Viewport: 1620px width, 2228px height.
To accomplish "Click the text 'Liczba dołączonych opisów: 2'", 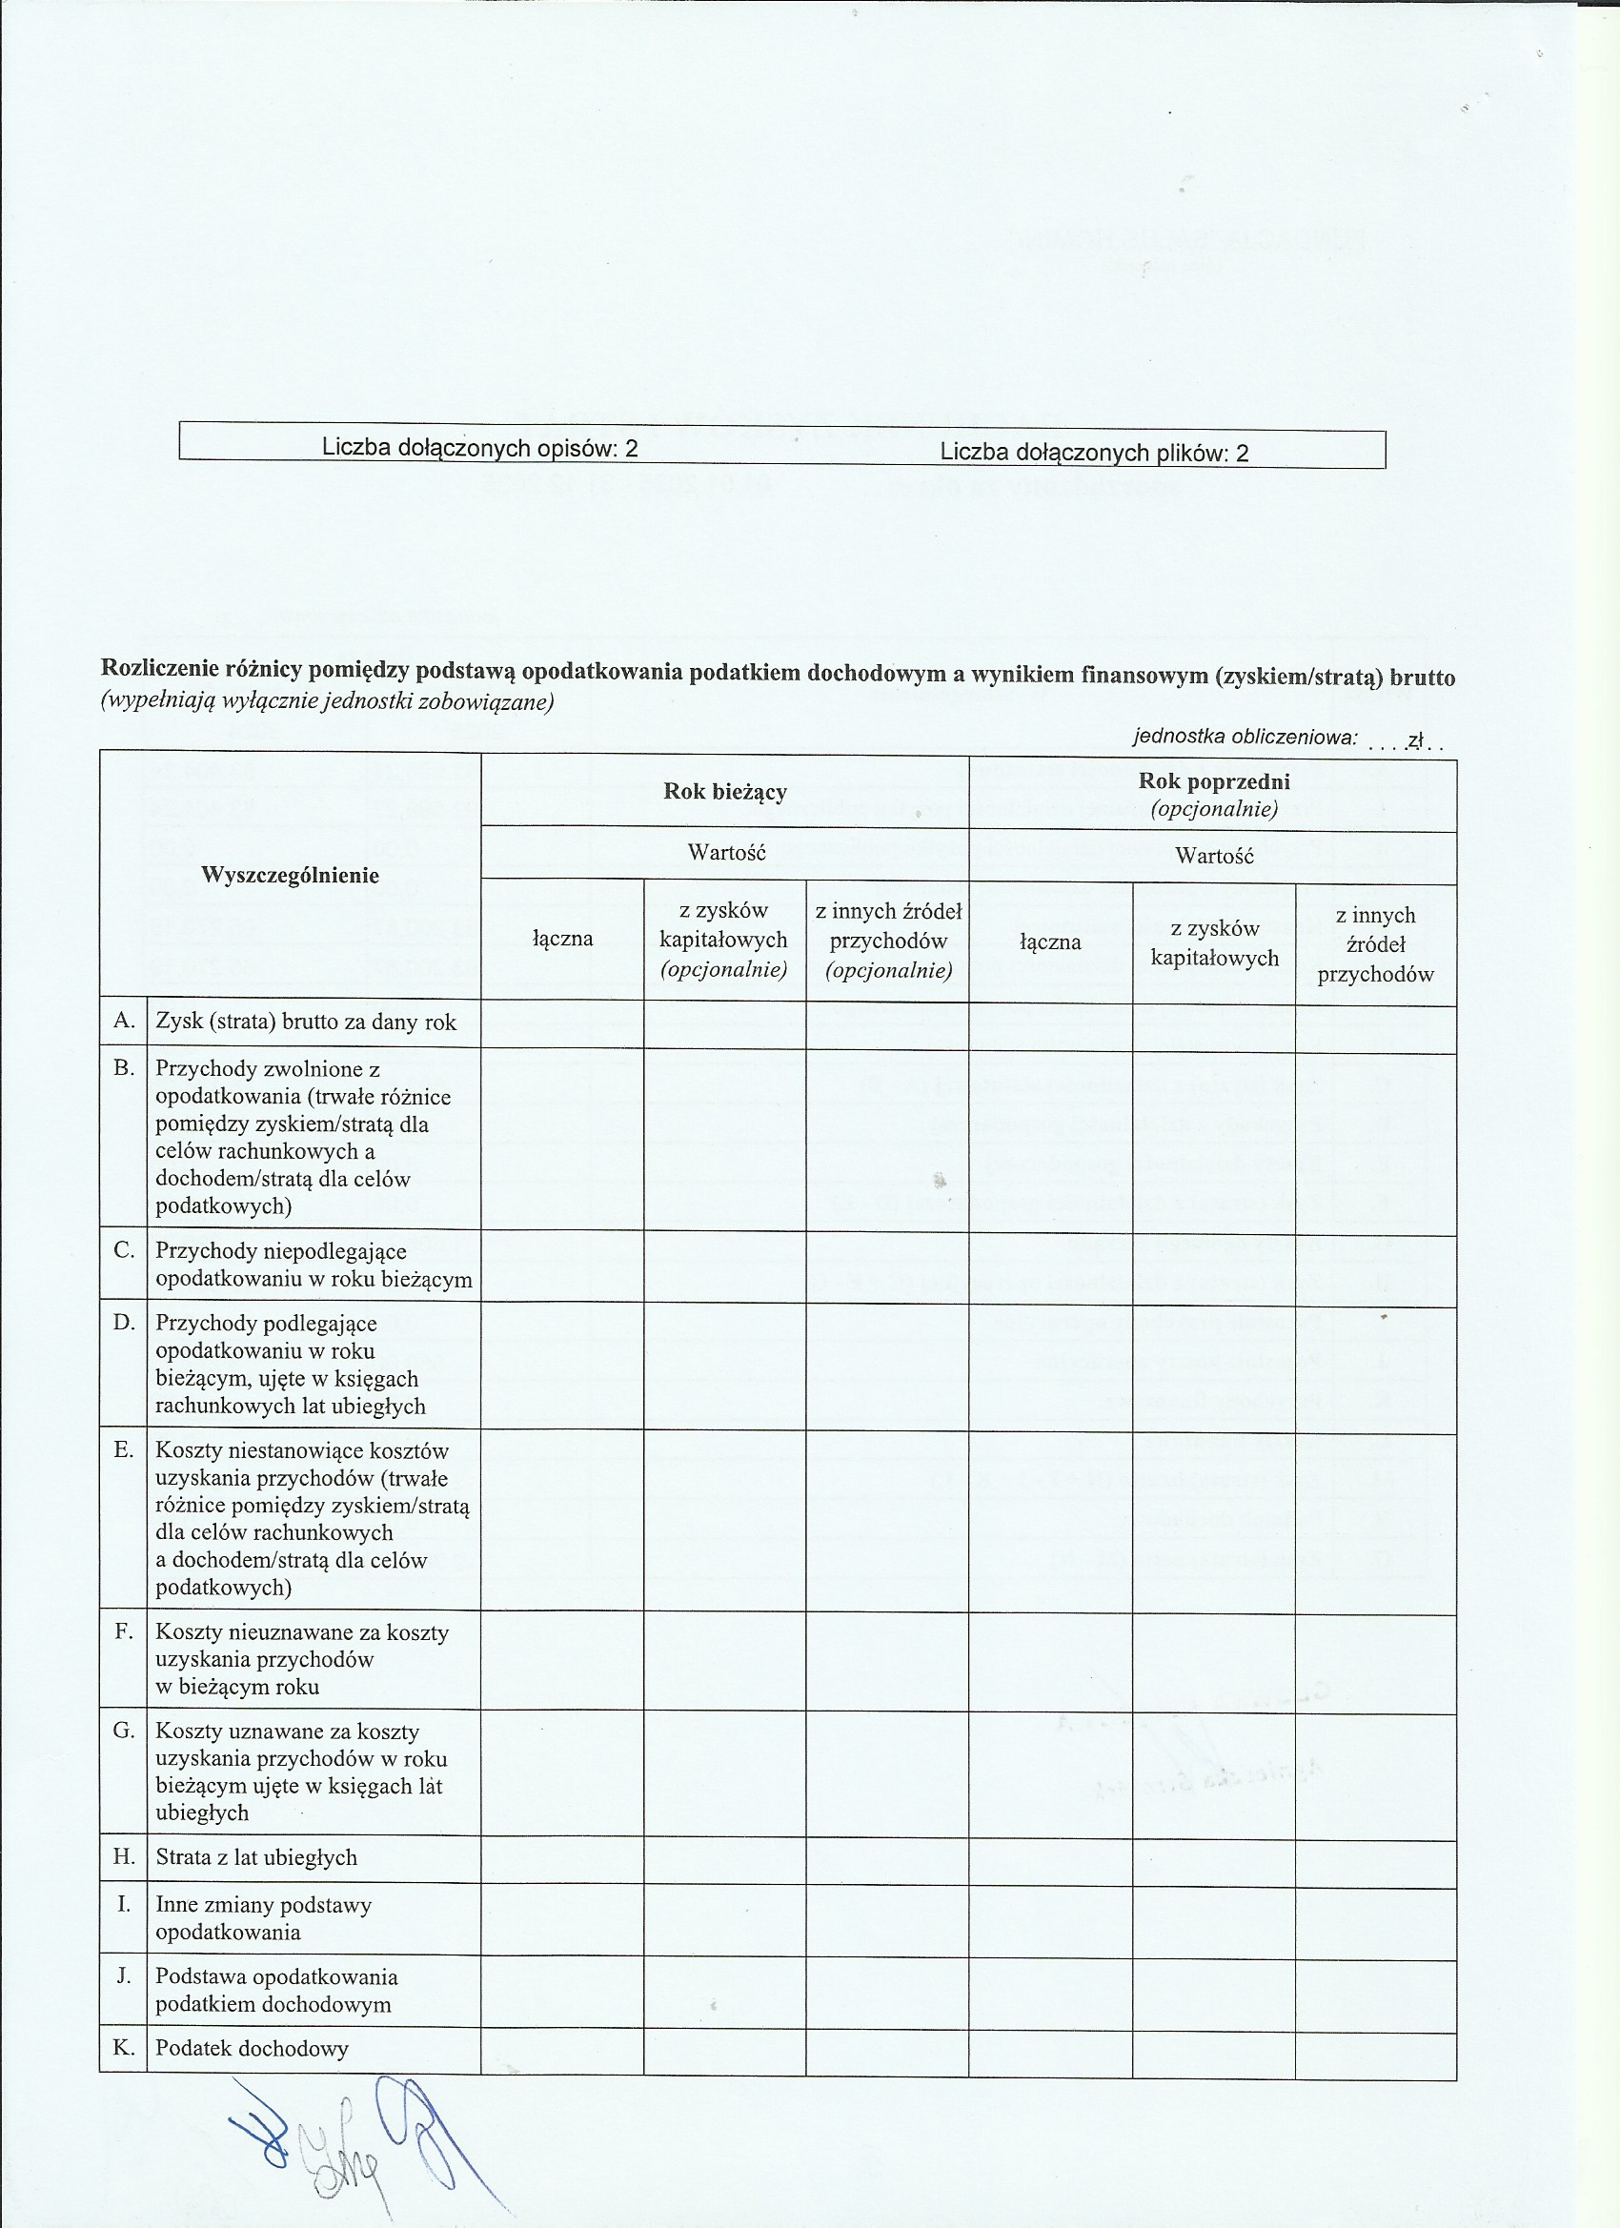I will (479, 448).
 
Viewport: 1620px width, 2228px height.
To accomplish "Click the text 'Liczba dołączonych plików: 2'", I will (1093, 452).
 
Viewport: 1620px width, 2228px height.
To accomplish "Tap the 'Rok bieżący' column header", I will (725, 792).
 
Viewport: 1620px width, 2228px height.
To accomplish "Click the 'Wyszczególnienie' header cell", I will (290, 875).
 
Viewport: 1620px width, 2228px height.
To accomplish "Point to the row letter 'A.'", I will (124, 1021).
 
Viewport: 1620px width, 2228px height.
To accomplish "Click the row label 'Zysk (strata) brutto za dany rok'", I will (306, 1022).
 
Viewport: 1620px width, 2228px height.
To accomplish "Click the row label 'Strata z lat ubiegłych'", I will (255, 1857).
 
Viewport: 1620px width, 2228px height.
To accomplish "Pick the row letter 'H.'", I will (124, 1856).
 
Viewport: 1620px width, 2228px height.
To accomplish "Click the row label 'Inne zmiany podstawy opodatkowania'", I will (263, 1918).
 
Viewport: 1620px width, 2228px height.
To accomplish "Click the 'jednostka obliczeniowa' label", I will (1245, 737).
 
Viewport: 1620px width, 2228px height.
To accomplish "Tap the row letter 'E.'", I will (124, 1450).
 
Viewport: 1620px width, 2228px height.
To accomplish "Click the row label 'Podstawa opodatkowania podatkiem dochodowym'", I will (276, 1992).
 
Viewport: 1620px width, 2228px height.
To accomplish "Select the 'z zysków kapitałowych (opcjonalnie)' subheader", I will (724, 941).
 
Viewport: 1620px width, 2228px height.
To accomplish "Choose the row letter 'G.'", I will (124, 1731).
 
